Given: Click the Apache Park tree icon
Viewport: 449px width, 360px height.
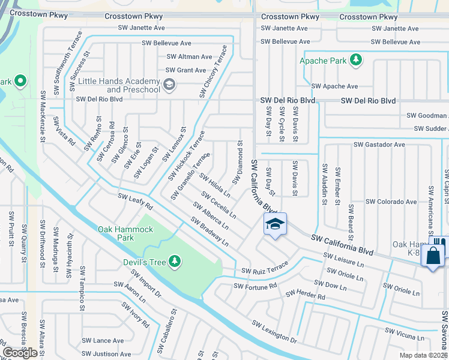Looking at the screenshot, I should (357, 59).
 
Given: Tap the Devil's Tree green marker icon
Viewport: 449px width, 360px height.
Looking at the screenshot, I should (174, 260).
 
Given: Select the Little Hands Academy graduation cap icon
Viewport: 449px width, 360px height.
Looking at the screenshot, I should (169, 84).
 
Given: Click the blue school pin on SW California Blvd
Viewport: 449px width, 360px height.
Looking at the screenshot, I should (275, 224).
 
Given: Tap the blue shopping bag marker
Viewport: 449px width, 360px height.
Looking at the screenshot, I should (432, 256).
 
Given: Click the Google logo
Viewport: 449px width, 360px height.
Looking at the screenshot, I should (20, 353).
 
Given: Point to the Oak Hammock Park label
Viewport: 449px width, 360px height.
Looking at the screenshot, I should (125, 233).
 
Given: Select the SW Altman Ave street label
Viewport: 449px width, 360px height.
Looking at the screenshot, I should (189, 57).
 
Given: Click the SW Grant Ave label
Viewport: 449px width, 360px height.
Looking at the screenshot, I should (186, 70).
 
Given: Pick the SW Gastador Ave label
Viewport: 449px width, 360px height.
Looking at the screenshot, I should (379, 145).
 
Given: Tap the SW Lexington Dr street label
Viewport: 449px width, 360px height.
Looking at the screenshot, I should (274, 332).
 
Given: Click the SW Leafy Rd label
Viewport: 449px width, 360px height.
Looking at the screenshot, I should (135, 202).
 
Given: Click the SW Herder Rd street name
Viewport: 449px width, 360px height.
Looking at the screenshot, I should (306, 294).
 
